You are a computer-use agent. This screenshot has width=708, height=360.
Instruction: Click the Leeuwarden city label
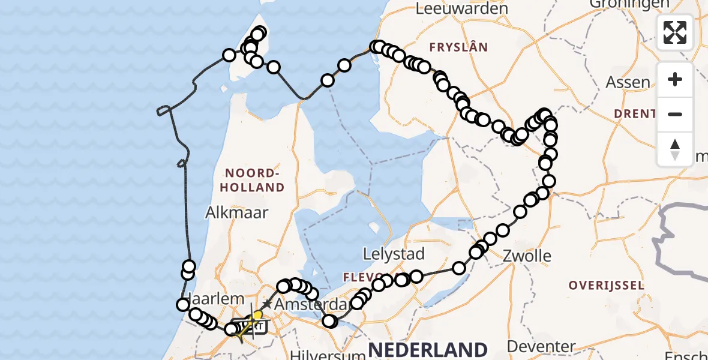[461, 8]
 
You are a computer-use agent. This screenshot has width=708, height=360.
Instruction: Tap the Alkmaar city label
[237, 212]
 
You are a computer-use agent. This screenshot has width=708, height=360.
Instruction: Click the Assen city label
[628, 82]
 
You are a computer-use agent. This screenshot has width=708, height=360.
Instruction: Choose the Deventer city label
[541, 347]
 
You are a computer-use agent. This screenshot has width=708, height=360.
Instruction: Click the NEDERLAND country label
[427, 349]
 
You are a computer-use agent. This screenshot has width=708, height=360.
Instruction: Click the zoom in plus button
[675, 79]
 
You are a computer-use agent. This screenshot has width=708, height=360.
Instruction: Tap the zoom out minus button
[675, 114]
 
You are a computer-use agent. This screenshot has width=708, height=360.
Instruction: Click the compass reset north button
[675, 149]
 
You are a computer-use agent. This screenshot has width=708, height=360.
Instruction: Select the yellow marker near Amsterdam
[257, 314]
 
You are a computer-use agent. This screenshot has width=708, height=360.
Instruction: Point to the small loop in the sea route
[163, 110]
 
